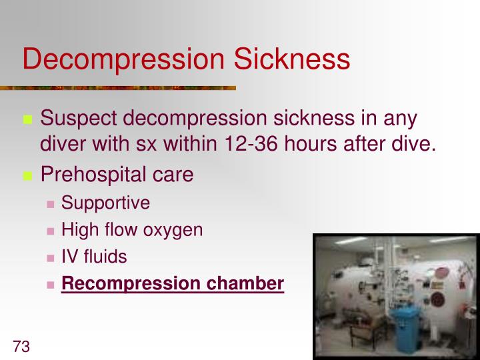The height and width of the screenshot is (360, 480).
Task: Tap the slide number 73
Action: [22, 347]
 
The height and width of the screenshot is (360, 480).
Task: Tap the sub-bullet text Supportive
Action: [105, 203]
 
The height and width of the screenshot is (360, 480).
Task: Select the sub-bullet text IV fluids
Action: [94, 257]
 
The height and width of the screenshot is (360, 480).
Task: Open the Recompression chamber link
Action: [173, 283]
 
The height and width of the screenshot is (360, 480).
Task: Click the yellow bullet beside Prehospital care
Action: [28, 176]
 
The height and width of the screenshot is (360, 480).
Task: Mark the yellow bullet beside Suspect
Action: [28, 121]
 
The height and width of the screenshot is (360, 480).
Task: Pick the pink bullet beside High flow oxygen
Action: [51, 231]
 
